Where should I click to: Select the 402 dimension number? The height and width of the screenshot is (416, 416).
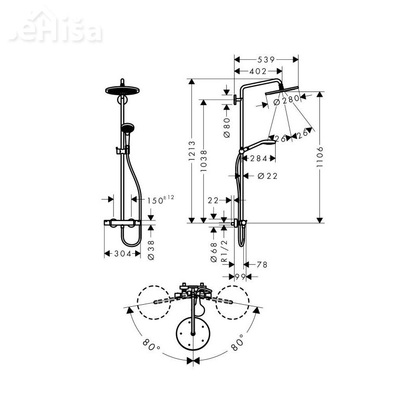click(257, 71)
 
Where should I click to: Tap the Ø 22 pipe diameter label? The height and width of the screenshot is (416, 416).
click(267, 176)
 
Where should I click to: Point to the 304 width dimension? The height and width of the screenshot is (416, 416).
click(122, 254)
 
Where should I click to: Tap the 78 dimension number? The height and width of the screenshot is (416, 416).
click(262, 265)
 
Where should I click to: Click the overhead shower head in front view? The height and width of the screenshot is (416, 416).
click(123, 88)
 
